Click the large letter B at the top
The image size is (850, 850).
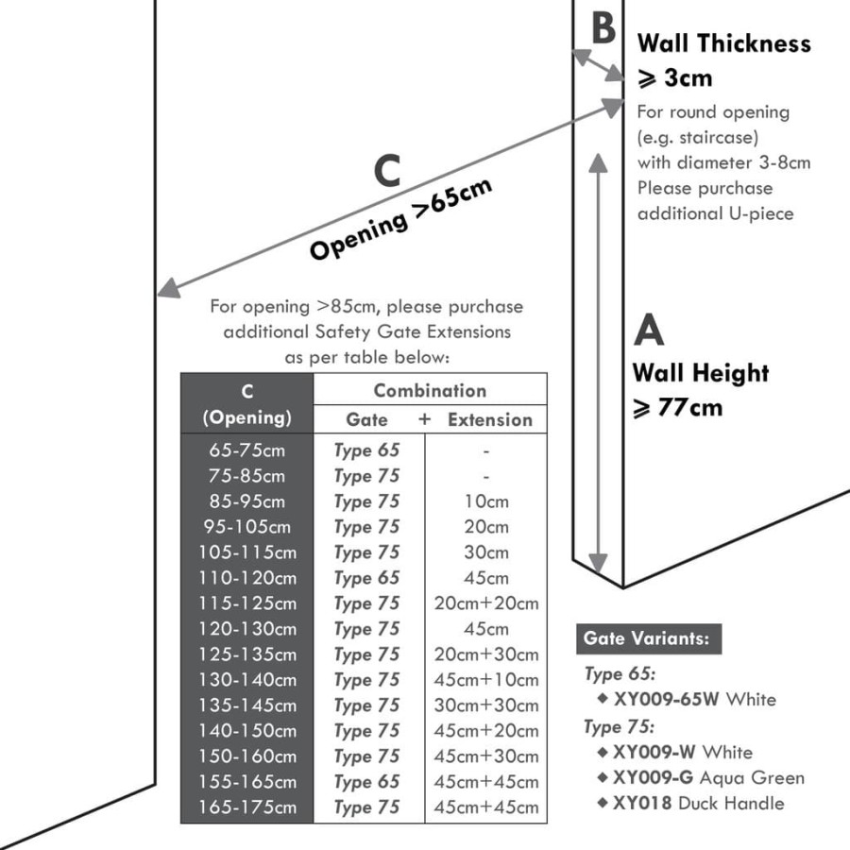point(603,27)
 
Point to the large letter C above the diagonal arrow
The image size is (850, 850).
point(387,171)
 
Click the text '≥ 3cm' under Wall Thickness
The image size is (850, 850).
point(674,78)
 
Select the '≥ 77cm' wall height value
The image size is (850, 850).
point(677,408)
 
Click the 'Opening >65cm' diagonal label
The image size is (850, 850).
point(401,218)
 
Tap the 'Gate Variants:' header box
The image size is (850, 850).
point(648,638)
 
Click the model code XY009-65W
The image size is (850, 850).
point(665,699)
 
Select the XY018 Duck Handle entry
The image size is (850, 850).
point(698,804)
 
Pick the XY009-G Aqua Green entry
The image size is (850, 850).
point(708,778)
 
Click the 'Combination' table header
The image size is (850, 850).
point(430,391)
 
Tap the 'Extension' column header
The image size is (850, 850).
point(490,420)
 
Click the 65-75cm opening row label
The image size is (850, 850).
point(246,450)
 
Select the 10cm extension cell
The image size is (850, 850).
point(486,501)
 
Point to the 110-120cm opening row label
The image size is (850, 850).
point(247,578)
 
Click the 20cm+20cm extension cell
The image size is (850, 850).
point(486,603)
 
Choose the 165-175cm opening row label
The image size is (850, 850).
point(247,807)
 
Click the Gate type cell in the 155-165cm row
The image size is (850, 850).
point(366,782)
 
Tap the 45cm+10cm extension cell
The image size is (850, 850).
point(486,680)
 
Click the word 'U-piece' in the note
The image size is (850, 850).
point(761,213)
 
